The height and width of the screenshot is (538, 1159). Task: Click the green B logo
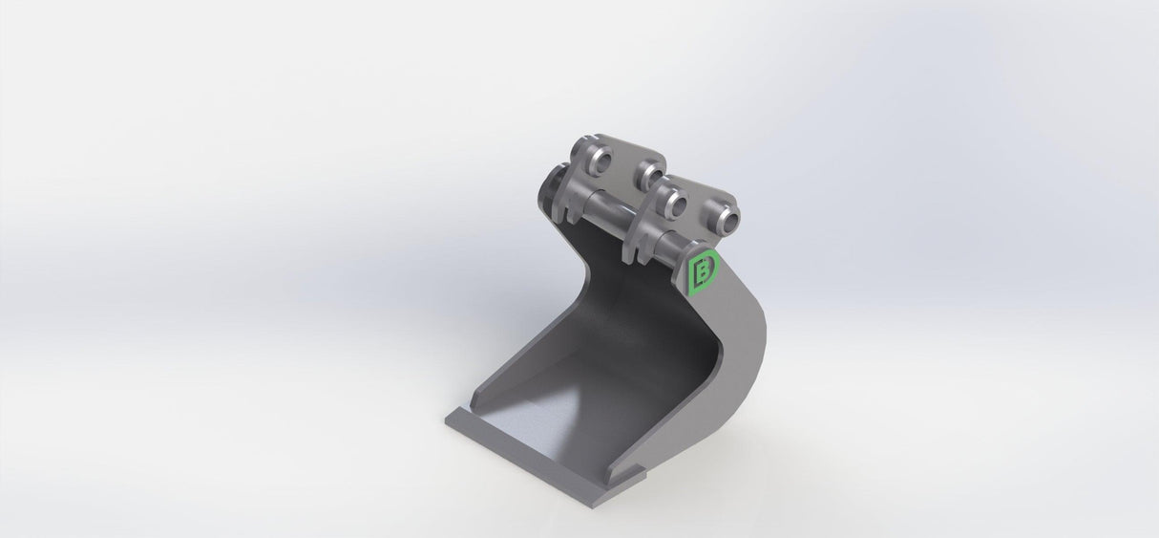click(705, 272)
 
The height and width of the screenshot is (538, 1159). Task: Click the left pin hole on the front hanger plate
click(672, 203)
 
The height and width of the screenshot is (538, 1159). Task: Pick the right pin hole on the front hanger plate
click(724, 216)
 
